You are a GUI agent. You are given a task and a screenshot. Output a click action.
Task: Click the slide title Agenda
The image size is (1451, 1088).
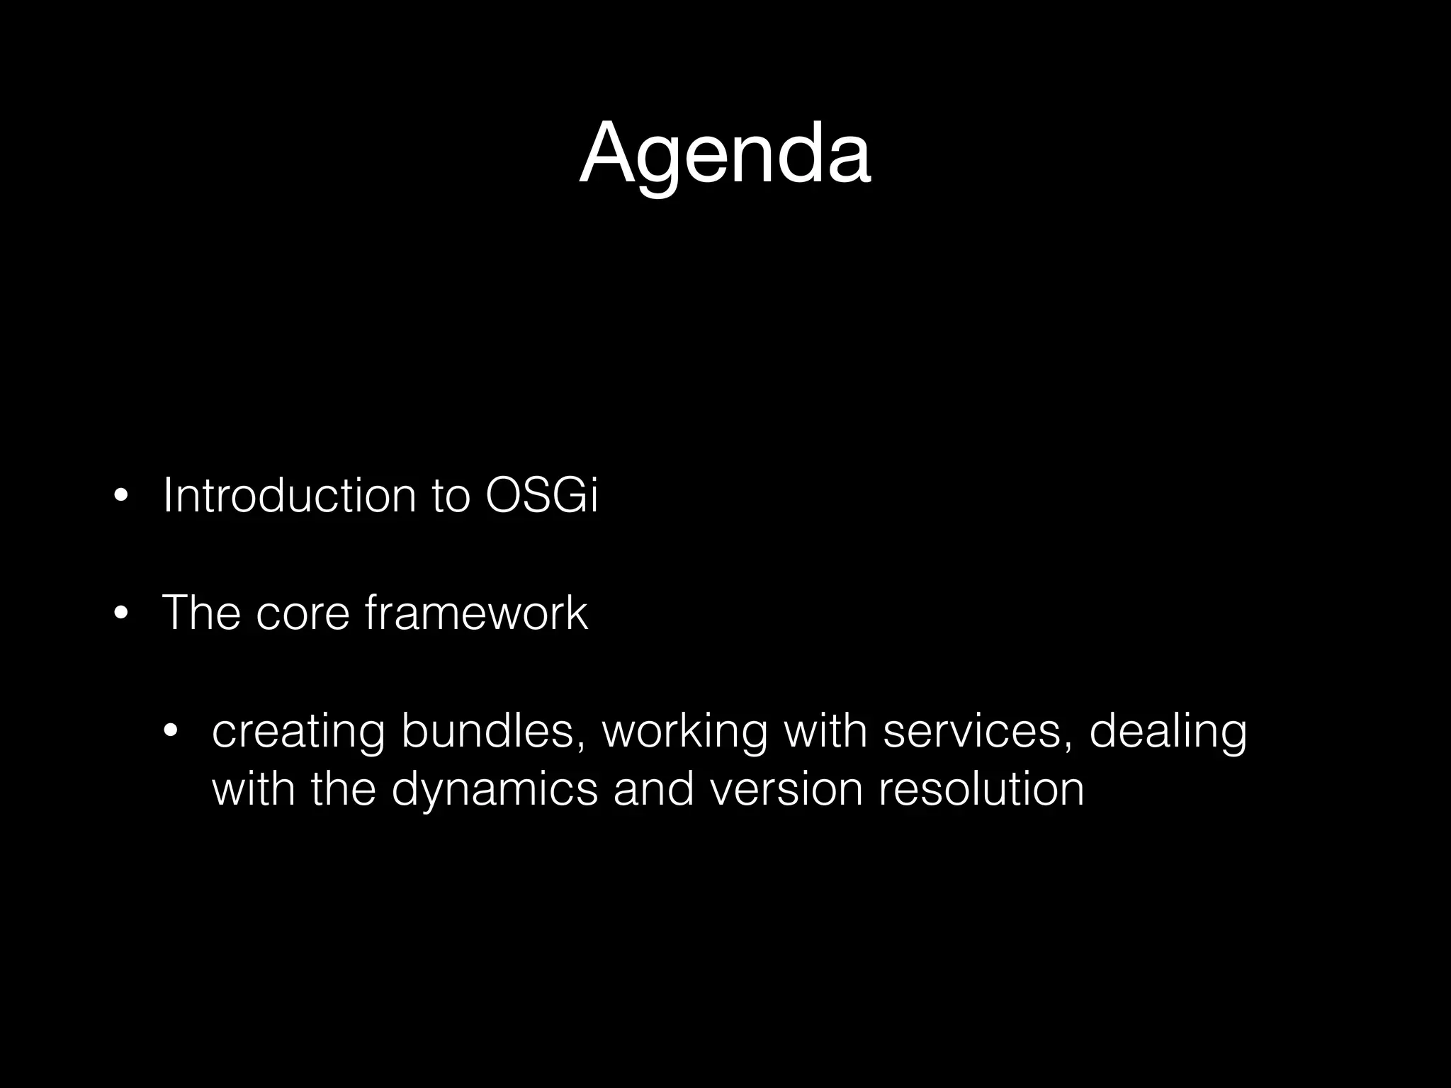coord(724,154)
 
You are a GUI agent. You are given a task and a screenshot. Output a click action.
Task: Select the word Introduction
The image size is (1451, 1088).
coord(289,495)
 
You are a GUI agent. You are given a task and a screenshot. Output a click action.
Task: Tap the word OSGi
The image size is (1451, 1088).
coord(542,495)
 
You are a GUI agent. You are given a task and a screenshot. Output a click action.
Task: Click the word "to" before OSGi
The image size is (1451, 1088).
coord(451,495)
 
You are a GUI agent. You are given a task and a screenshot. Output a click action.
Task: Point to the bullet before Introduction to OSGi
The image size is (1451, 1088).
coord(120,497)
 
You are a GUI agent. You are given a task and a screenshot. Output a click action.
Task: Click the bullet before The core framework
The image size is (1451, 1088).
coord(120,613)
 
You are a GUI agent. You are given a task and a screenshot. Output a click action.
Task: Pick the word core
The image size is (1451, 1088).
coord(303,613)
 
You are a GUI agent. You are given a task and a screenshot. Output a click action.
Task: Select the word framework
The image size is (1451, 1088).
coord(476,613)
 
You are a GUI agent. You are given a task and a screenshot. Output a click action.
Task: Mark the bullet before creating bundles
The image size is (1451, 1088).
coord(170,732)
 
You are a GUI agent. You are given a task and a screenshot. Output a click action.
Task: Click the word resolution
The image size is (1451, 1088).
coord(981,789)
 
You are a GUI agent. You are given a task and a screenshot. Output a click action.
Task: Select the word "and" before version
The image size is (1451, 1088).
coord(653,789)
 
